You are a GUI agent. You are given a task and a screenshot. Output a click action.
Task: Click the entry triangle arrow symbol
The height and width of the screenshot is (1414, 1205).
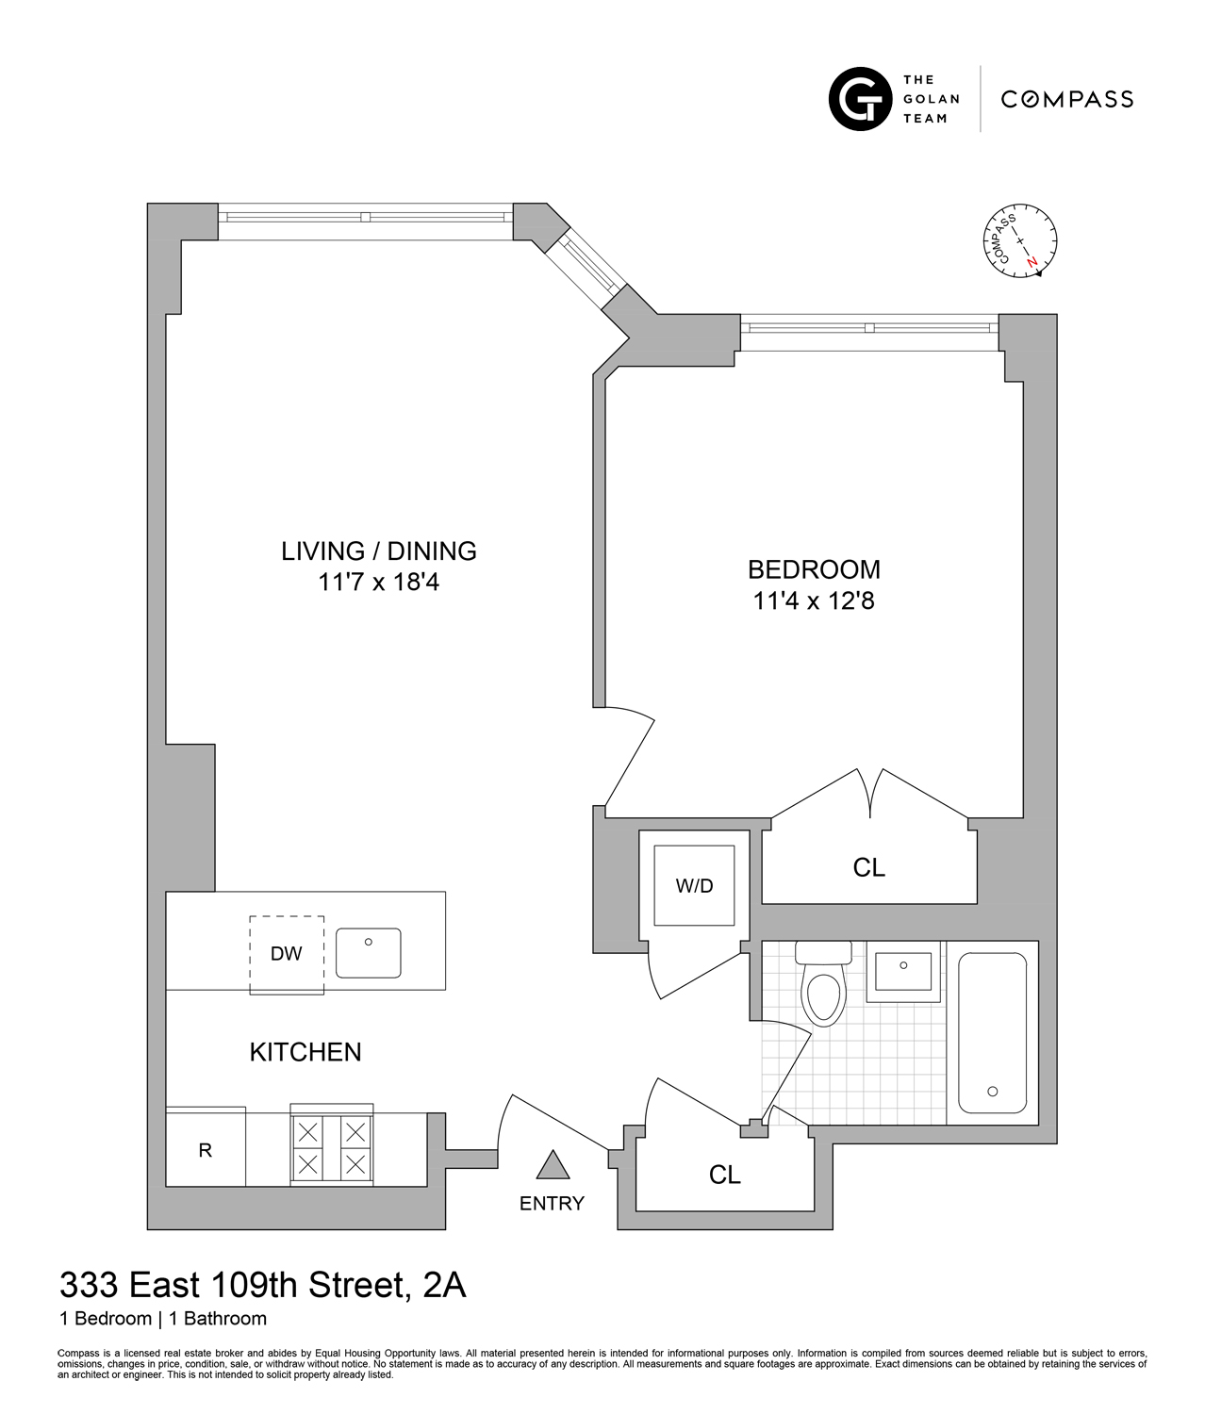pos(553,1167)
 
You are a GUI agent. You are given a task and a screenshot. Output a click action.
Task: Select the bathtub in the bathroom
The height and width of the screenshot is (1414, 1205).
pos(992,1032)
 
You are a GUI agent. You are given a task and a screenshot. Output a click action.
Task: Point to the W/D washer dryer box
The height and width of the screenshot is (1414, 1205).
pos(695,885)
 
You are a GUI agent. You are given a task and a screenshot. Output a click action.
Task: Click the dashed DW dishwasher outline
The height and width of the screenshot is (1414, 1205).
pos(287,954)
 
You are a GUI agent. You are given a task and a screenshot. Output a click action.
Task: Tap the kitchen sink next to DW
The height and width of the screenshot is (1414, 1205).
pos(369,952)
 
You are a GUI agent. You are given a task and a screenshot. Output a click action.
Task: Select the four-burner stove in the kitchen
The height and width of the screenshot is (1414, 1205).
pos(331,1147)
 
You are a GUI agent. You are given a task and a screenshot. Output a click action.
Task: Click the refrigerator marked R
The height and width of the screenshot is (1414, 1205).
pos(206,1150)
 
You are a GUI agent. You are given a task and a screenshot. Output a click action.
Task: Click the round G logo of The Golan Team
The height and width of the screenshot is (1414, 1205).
pos(860,99)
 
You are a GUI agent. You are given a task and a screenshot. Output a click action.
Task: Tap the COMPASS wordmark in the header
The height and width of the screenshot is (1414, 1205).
pos(1066,99)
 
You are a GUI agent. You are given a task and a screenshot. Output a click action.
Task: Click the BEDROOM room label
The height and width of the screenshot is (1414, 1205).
pos(814,569)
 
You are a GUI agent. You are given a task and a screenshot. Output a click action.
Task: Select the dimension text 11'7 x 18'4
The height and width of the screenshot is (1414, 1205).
pos(378,583)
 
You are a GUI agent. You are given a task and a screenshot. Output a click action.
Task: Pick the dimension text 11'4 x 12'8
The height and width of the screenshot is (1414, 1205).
pos(814,600)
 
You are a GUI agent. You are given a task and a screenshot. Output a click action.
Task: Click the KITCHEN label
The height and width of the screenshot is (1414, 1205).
pos(305,1052)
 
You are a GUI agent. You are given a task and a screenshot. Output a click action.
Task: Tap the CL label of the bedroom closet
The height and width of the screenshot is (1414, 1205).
pos(868,867)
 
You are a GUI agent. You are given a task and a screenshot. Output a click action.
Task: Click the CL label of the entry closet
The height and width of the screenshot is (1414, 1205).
pos(724,1175)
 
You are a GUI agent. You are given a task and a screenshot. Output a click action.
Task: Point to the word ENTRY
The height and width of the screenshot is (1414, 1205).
pos(552,1204)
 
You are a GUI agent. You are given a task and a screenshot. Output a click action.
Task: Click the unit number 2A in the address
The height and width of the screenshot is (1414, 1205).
pos(444,1286)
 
